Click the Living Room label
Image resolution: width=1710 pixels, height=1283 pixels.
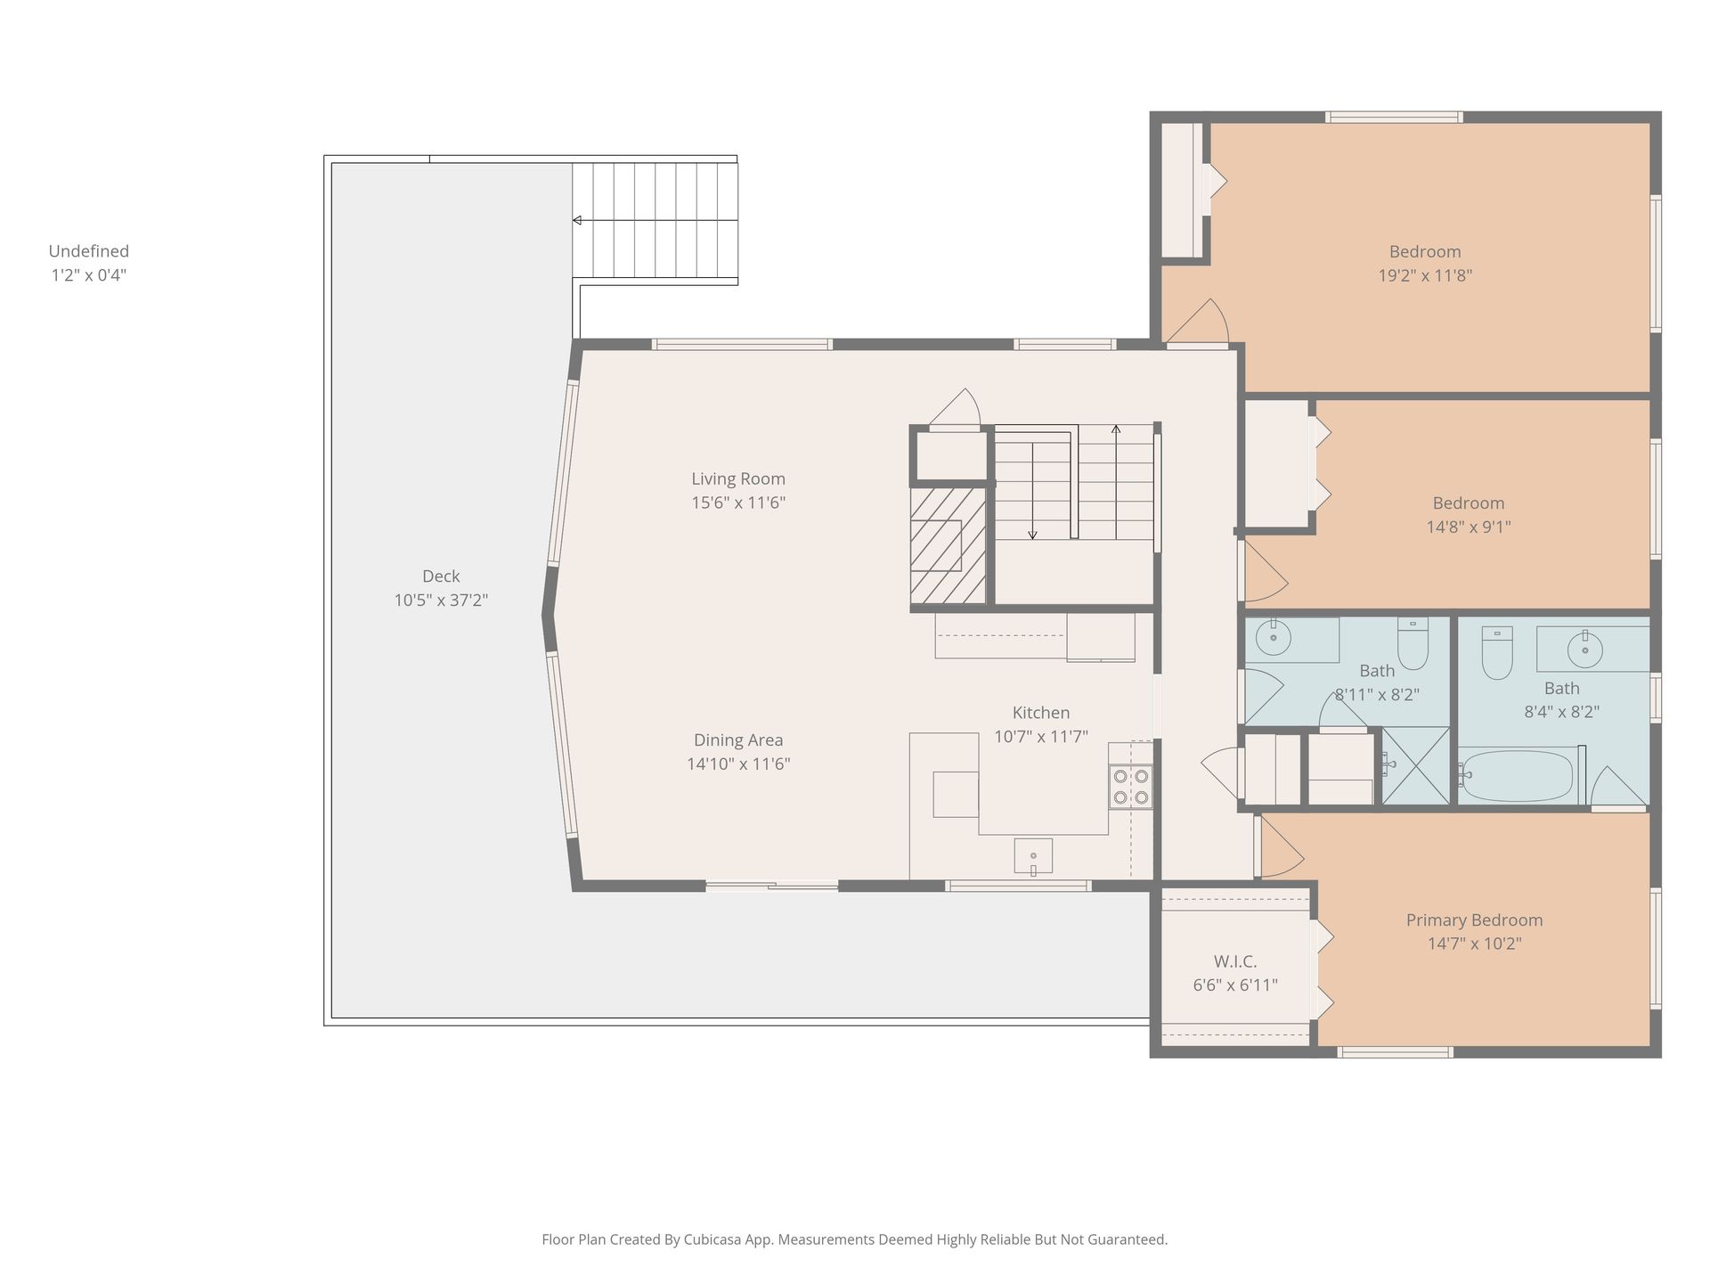click(738, 478)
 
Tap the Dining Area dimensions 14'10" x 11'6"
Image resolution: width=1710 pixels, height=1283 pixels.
click(738, 764)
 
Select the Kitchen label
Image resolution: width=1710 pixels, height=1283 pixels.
click(1041, 713)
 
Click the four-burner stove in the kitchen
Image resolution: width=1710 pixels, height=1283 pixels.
click(1130, 787)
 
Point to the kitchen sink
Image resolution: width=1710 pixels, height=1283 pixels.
click(1033, 855)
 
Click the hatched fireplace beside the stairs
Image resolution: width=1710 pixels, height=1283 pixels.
click(948, 544)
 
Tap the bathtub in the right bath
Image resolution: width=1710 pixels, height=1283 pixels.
click(1518, 775)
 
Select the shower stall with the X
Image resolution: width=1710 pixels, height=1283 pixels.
click(1415, 766)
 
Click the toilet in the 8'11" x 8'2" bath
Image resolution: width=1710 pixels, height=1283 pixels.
click(1413, 643)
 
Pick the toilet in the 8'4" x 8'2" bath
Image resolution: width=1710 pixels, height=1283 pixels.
click(1497, 653)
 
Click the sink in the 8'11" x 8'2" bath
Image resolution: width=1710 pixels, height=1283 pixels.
click(1274, 638)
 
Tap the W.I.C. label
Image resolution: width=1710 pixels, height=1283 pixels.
click(1235, 961)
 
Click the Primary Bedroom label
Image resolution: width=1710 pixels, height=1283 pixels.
click(1474, 920)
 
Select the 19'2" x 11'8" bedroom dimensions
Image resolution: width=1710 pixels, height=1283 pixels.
click(1425, 275)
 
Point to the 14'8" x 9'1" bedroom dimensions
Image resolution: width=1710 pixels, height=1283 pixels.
click(1469, 527)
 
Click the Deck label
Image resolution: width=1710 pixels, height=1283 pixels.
click(441, 576)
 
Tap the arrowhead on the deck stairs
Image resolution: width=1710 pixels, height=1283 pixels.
click(577, 220)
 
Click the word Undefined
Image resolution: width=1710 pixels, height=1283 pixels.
click(89, 251)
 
